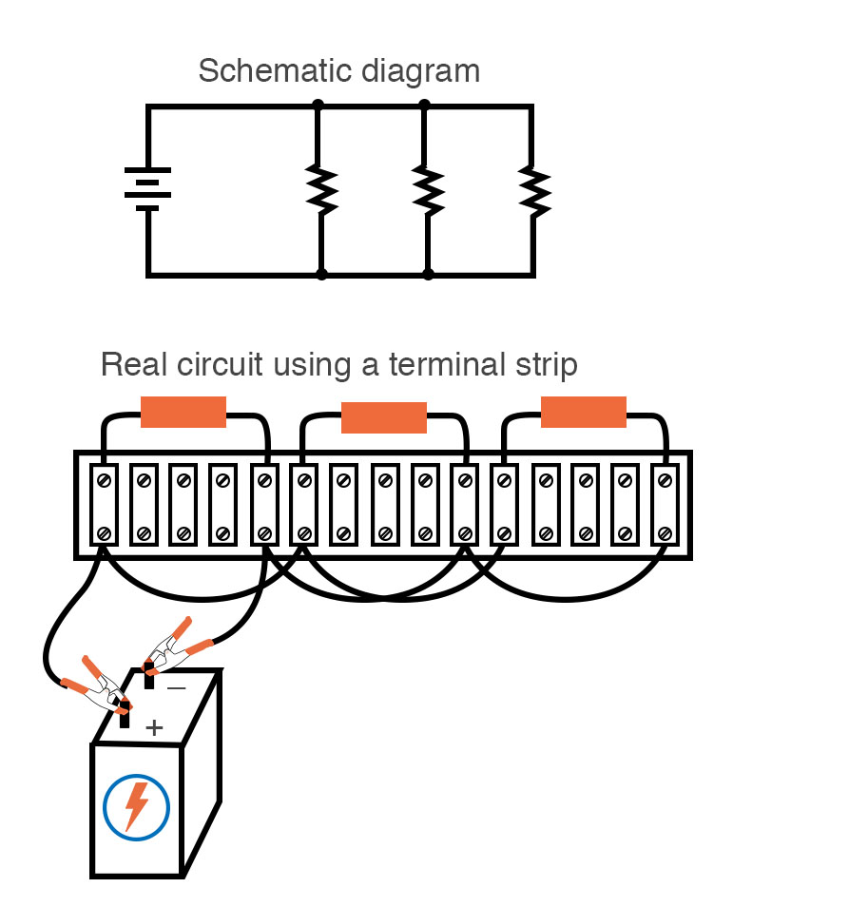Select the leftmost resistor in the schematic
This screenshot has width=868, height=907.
tap(321, 190)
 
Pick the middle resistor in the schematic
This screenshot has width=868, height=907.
tap(428, 190)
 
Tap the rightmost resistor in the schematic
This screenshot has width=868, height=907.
tap(534, 190)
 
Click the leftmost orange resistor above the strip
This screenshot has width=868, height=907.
tap(183, 412)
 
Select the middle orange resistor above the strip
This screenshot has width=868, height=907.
tap(384, 417)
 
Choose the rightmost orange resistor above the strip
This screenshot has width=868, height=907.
tap(584, 412)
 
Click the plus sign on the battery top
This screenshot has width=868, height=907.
tap(154, 728)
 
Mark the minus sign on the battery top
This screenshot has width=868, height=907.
tap(177, 687)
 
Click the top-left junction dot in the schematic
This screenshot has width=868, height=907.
tap(318, 106)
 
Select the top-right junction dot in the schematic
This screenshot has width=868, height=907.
tap(424, 106)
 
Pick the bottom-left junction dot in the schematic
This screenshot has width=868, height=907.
tap(321, 275)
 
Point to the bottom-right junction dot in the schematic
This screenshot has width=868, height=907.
tap(428, 275)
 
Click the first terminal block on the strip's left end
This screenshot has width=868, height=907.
tap(104, 506)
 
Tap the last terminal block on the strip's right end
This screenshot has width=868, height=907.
tap(664, 506)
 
